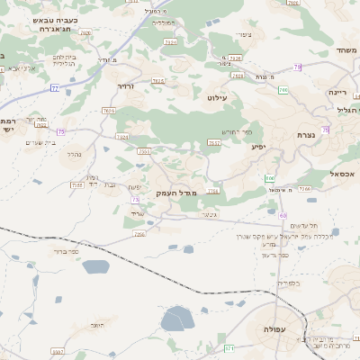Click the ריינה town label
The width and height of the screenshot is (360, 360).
coord(337,92)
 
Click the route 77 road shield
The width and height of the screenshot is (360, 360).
coord(54,88)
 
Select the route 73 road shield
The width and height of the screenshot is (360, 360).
coord(136,200)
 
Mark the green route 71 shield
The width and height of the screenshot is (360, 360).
coord(229,347)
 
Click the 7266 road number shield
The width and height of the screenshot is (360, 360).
coord(304,189)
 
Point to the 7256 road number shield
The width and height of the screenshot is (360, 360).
coord(139,234)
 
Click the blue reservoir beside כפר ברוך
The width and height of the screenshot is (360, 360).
coord(94,265)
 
